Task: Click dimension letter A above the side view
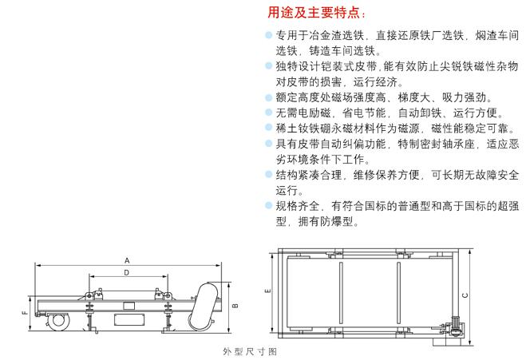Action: (127, 260)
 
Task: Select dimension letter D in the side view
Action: (127, 272)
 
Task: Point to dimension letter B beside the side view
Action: (235, 306)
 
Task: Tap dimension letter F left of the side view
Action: (25, 313)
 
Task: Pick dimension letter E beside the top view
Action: (268, 291)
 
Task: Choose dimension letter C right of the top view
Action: (465, 295)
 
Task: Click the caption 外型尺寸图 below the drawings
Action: (250, 351)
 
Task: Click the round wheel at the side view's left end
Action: (58, 320)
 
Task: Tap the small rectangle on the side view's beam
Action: (129, 306)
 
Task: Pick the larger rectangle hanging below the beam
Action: (129, 320)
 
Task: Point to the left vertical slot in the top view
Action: (341, 293)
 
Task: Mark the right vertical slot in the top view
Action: (398, 293)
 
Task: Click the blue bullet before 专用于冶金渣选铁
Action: (269, 34)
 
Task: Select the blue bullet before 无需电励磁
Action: (269, 112)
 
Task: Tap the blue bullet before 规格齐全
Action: (269, 205)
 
